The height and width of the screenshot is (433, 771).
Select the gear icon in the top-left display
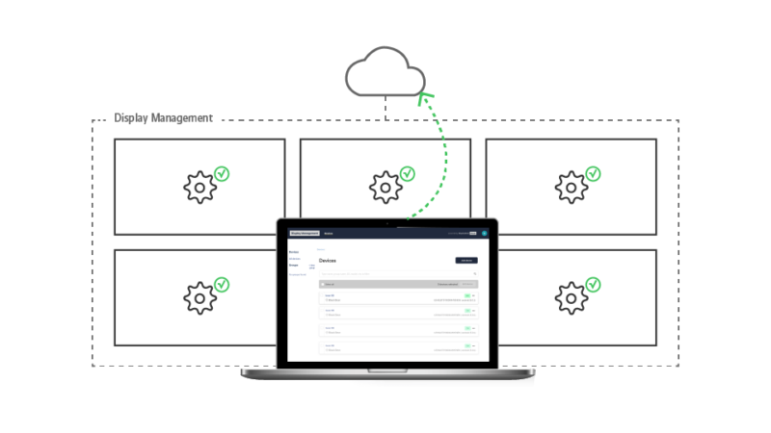[199, 187]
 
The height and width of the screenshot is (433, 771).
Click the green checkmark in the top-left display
[222, 174]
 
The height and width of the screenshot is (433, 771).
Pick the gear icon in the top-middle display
[385, 187]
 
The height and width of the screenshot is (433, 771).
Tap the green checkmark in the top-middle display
[408, 174]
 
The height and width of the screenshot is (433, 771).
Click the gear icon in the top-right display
[572, 187]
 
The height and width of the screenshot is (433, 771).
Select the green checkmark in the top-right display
[594, 174]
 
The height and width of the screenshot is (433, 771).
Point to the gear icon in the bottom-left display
[199, 297]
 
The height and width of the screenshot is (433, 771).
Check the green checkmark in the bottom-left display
[222, 285]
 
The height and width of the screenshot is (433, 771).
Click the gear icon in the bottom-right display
[572, 297]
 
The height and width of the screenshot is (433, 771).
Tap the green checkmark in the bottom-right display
[594, 285]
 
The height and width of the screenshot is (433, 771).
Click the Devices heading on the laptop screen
[328, 261]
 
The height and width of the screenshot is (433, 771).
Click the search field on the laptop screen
[395, 274]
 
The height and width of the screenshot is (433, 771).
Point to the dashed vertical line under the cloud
[385, 109]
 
